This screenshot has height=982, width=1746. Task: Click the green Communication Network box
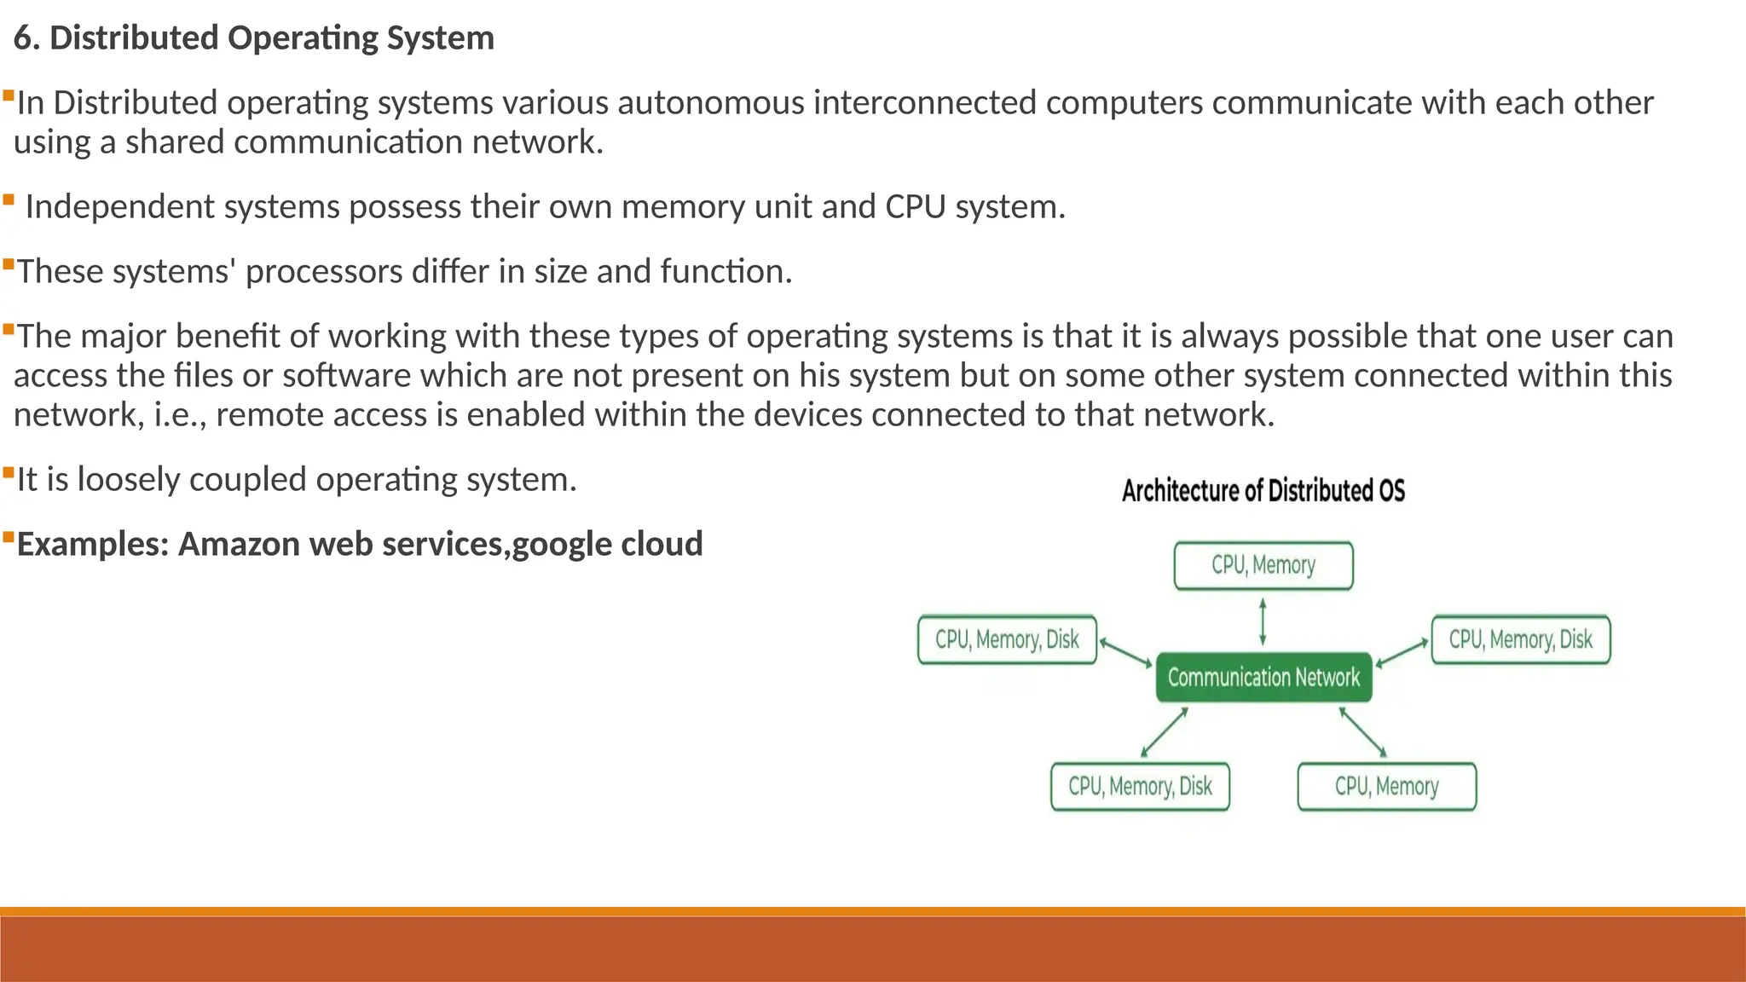pyautogui.click(x=1263, y=678)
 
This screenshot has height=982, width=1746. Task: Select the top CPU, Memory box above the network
pyautogui.click(x=1263, y=566)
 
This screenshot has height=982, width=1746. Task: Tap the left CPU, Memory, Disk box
pyautogui.click(x=1007, y=639)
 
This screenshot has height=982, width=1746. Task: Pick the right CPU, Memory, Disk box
pyautogui.click(x=1521, y=639)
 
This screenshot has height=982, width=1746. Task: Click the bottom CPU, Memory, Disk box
pyautogui.click(x=1140, y=786)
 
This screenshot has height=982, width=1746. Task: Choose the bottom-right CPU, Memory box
pyautogui.click(x=1386, y=786)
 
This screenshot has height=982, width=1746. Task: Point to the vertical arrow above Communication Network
pyautogui.click(x=1263, y=621)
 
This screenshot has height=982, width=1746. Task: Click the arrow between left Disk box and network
pyautogui.click(x=1125, y=653)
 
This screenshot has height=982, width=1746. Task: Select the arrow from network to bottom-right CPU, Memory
pyautogui.click(x=1362, y=732)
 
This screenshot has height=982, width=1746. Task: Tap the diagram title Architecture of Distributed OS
pyautogui.click(x=1263, y=491)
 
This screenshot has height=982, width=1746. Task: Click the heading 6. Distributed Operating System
pyautogui.click(x=254, y=38)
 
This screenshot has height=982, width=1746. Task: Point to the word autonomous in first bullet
pyautogui.click(x=710, y=103)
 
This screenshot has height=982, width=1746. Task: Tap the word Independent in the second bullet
pyautogui.click(x=119, y=207)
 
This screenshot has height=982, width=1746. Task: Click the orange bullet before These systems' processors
pyautogui.click(x=8, y=264)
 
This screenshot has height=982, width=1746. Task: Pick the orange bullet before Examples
pyautogui.click(x=8, y=537)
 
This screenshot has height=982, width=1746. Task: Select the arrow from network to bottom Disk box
pyautogui.click(x=1164, y=732)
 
